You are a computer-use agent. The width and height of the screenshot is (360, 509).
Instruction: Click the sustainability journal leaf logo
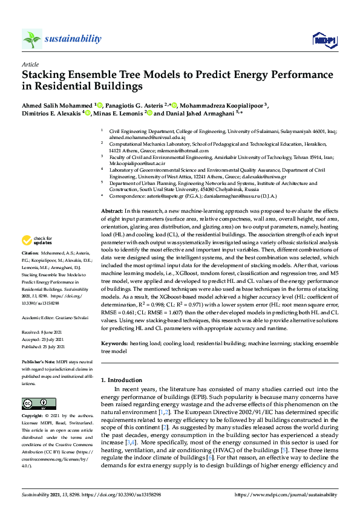32,39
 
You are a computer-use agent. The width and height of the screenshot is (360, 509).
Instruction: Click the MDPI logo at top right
324,40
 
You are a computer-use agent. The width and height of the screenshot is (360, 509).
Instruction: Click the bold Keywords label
115,342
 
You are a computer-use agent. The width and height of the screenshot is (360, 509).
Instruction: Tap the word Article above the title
30,63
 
